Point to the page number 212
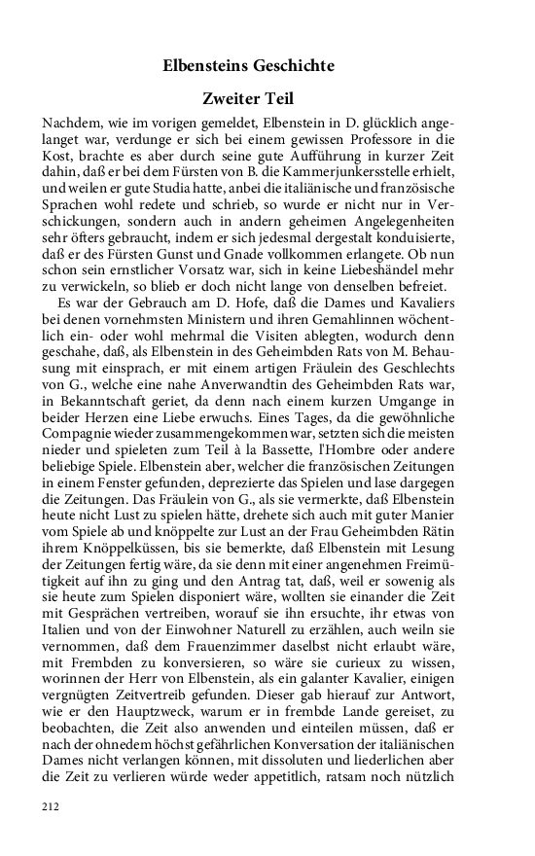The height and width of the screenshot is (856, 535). tap(51, 806)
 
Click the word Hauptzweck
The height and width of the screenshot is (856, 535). tap(149, 716)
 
